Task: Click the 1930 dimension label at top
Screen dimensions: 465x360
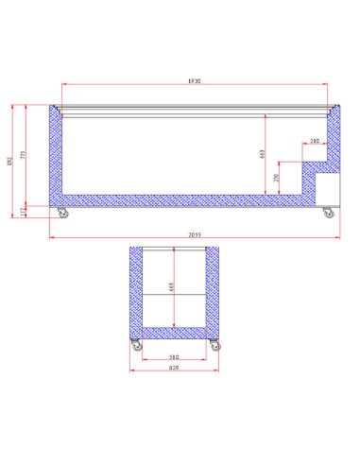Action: point(193,82)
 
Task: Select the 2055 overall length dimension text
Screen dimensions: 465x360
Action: point(193,234)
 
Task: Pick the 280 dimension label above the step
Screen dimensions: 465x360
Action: point(314,141)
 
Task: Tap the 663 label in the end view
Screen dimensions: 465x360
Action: point(174,287)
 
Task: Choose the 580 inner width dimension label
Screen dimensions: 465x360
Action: point(175,356)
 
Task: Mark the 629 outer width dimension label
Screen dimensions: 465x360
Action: point(175,370)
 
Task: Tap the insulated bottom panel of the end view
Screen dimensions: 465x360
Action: point(175,331)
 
